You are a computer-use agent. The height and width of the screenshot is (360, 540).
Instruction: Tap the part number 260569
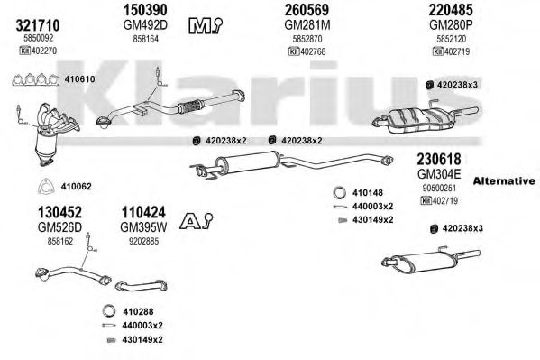pos(290,9)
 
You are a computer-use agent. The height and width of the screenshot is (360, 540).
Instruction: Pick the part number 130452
pos(41,214)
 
